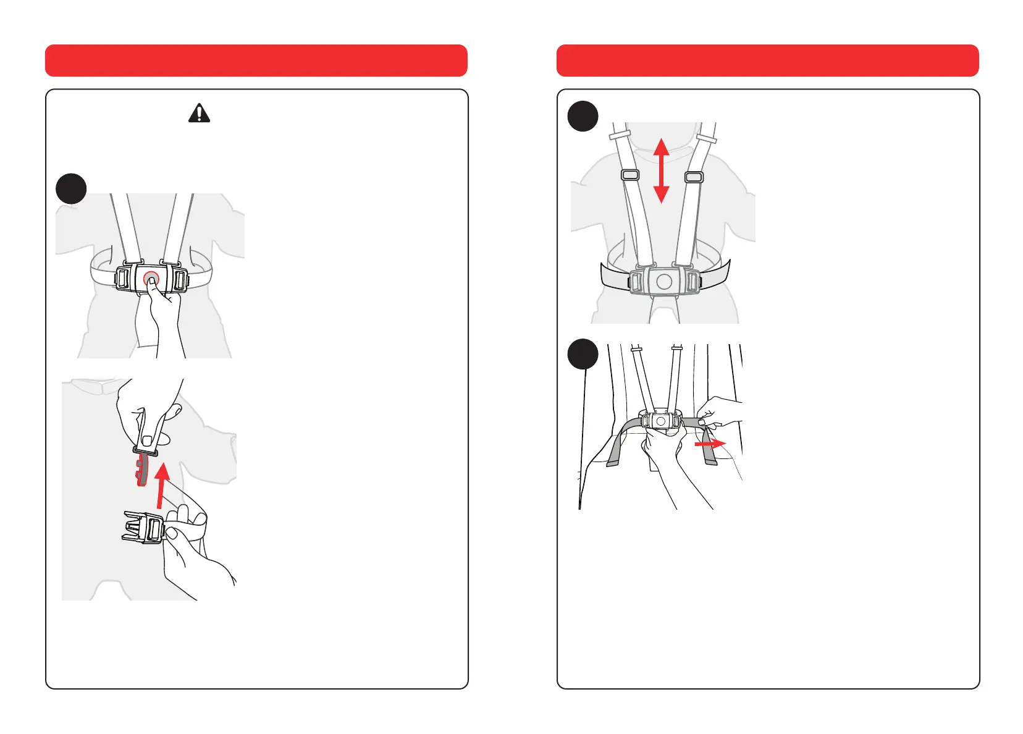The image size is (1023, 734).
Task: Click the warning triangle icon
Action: [199, 113]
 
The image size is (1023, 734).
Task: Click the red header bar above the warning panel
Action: [256, 61]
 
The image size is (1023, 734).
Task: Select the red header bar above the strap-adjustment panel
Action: [767, 61]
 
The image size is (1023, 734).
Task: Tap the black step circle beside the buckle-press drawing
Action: [71, 188]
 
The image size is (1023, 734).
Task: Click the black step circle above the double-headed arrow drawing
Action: [583, 116]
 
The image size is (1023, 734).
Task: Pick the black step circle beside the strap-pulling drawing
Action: [583, 354]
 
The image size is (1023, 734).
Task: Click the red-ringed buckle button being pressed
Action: [151, 279]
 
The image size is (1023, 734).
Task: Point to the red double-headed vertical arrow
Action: [661, 171]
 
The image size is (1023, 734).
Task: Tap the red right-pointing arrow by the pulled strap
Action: [710, 444]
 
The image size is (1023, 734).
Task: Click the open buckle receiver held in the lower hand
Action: [143, 527]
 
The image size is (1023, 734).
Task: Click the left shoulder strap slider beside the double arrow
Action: [630, 175]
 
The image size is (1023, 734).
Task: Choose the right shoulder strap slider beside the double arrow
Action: [694, 177]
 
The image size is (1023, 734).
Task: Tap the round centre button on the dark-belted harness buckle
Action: [664, 282]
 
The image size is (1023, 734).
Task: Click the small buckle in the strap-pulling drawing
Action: [660, 421]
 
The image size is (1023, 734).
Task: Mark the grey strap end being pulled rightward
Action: [709, 454]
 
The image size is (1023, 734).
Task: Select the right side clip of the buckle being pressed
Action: [180, 280]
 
